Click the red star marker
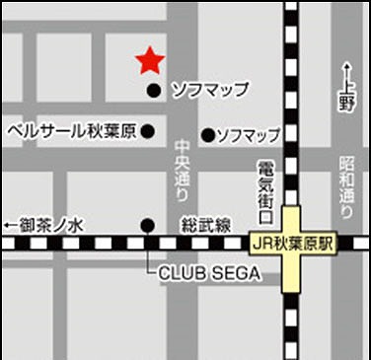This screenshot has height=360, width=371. click(x=149, y=61)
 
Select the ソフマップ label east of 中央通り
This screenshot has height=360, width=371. click(x=248, y=134)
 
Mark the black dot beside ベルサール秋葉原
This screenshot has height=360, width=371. click(x=148, y=130)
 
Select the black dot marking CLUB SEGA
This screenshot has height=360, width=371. click(x=148, y=224)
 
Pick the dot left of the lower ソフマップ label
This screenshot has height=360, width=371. click(x=207, y=134)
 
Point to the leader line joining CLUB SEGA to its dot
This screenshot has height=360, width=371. click(x=149, y=256)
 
